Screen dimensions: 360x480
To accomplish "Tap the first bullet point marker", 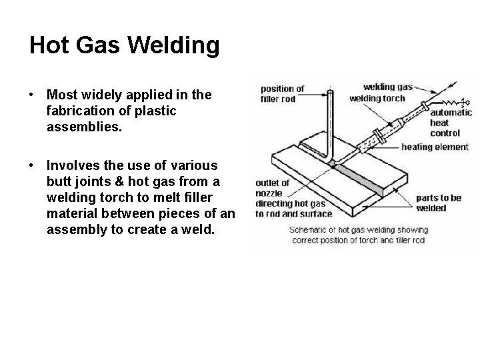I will pos(33,95).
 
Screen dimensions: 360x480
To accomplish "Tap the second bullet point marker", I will pos(33,165).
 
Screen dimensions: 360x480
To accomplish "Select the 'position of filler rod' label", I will pos(281,94).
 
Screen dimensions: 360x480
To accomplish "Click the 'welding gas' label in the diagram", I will pos(388,87).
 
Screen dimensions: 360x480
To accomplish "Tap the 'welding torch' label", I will pos(377,98).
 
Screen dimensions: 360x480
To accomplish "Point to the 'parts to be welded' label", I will pos(439,203).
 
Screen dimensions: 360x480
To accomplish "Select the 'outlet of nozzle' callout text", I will pos(273,187).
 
